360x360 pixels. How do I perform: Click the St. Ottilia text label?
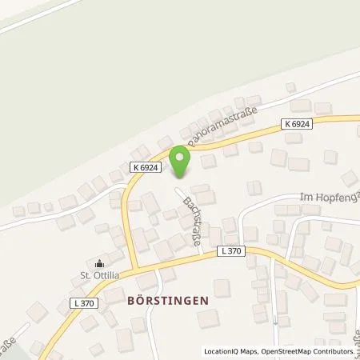[99, 278]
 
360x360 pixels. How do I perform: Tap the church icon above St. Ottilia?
[99, 264]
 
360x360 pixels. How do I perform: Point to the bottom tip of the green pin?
[181, 177]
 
